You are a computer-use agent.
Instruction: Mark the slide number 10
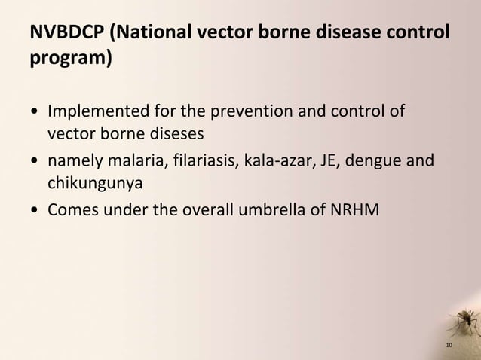coord(449,346)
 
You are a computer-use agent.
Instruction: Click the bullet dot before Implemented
coord(34,114)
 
